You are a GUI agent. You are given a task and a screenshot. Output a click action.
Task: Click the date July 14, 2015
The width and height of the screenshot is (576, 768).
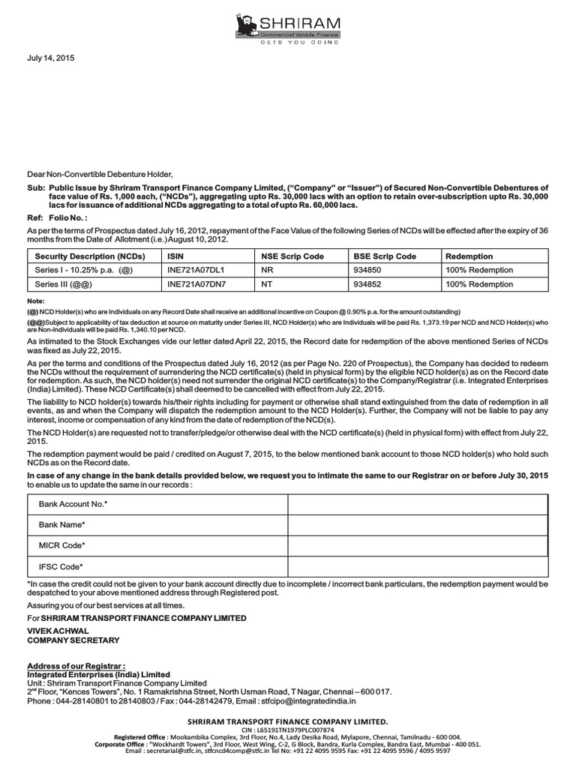pyautogui.click(x=51, y=58)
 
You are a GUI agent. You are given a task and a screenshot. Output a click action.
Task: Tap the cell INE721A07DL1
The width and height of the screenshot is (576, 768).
pyautogui.click(x=196, y=270)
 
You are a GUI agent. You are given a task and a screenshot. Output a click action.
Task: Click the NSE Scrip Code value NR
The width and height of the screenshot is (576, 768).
pyautogui.click(x=267, y=270)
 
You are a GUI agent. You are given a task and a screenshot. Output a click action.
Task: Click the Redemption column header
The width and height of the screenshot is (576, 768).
pyautogui.click(x=469, y=256)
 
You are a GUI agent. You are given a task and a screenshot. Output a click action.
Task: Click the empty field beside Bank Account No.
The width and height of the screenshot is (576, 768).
pyautogui.click(x=418, y=505)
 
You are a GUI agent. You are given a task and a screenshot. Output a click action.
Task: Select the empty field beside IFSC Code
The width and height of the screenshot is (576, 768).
pyautogui.click(x=418, y=566)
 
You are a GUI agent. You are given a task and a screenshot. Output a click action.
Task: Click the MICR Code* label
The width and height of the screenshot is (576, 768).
pyautogui.click(x=62, y=545)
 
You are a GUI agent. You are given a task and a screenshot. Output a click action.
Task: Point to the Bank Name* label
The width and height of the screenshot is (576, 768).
pyautogui.click(x=62, y=525)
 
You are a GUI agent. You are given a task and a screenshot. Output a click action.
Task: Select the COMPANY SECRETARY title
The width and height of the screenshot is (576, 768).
pyautogui.click(x=73, y=640)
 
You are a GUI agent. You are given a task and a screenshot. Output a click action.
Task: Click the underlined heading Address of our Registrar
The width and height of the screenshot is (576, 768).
pyautogui.click(x=75, y=666)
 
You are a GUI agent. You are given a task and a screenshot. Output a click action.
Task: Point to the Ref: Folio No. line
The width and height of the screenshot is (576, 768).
pyautogui.click(x=56, y=217)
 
